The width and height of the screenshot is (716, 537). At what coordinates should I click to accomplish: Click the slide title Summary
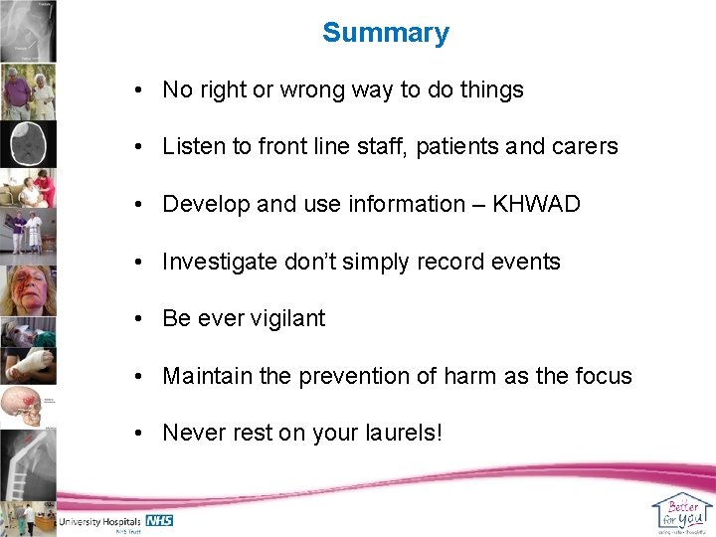click(386, 33)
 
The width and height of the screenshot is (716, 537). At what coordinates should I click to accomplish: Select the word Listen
click(193, 147)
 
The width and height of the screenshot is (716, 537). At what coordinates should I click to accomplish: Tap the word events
click(527, 262)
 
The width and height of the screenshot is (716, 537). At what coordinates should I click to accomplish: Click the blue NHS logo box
click(159, 520)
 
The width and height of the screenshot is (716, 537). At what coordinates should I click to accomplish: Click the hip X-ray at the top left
click(28, 30)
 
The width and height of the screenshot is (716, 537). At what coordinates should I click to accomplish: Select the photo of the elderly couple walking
click(28, 91)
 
